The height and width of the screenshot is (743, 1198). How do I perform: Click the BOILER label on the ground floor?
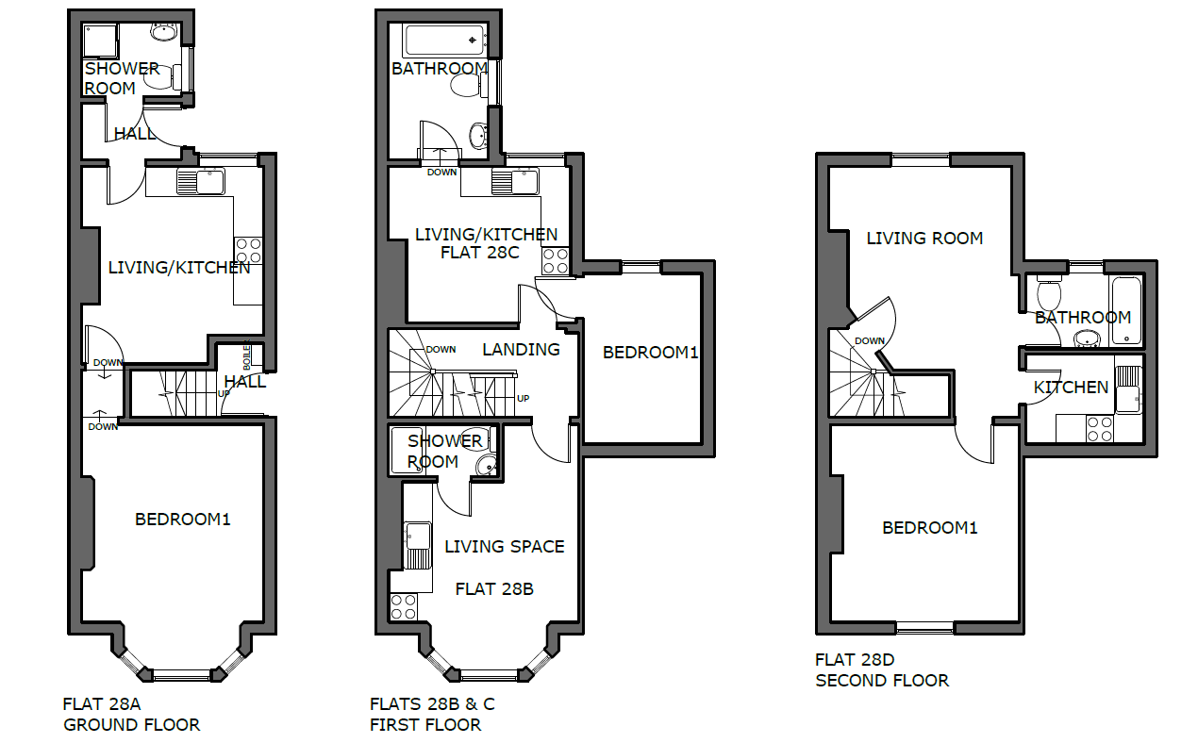click(x=246, y=355)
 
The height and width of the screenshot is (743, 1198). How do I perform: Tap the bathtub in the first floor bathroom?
click(x=445, y=41)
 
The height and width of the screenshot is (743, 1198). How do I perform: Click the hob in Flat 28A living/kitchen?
click(x=248, y=250)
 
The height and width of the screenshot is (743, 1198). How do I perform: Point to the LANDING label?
click(x=521, y=350)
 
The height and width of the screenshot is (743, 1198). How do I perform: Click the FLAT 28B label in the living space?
click(x=494, y=589)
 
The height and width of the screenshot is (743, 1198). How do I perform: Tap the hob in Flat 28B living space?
click(x=403, y=606)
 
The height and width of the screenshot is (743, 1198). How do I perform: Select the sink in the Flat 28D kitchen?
click(x=1128, y=389)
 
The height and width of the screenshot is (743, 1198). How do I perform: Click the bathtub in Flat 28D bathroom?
click(x=1125, y=310)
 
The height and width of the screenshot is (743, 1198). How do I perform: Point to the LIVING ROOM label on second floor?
click(x=924, y=239)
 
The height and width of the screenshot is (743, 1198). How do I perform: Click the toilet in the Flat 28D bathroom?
click(x=1049, y=292)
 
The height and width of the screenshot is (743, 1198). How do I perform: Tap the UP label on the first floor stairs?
click(x=523, y=398)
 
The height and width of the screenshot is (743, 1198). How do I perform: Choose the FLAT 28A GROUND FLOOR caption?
click(x=131, y=715)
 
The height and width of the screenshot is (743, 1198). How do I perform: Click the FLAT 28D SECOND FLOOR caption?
click(x=882, y=670)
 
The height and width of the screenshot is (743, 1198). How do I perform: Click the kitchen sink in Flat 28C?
click(x=515, y=182)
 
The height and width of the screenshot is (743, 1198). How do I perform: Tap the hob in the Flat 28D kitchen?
click(x=1100, y=429)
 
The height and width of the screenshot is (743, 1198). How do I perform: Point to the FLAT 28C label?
click(x=480, y=253)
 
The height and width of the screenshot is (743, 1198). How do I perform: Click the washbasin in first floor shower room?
click(x=486, y=466)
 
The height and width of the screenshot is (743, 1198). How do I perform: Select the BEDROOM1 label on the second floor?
click(x=929, y=528)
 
